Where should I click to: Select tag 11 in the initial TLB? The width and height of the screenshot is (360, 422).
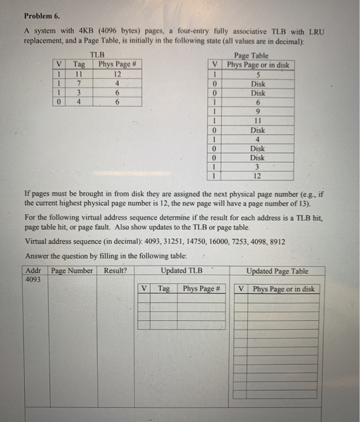tap(78, 74)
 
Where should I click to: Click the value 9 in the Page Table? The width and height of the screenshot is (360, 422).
tap(258, 112)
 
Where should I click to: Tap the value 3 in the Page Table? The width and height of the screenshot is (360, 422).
tap(258, 167)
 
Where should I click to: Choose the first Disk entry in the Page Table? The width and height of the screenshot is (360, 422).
tap(258, 84)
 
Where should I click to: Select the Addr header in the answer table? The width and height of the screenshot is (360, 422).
tap(33, 271)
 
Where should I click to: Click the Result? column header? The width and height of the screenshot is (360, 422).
tap(115, 271)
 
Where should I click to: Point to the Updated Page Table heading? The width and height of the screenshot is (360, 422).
tap(277, 271)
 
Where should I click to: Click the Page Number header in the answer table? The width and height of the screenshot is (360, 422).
tap(72, 271)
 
